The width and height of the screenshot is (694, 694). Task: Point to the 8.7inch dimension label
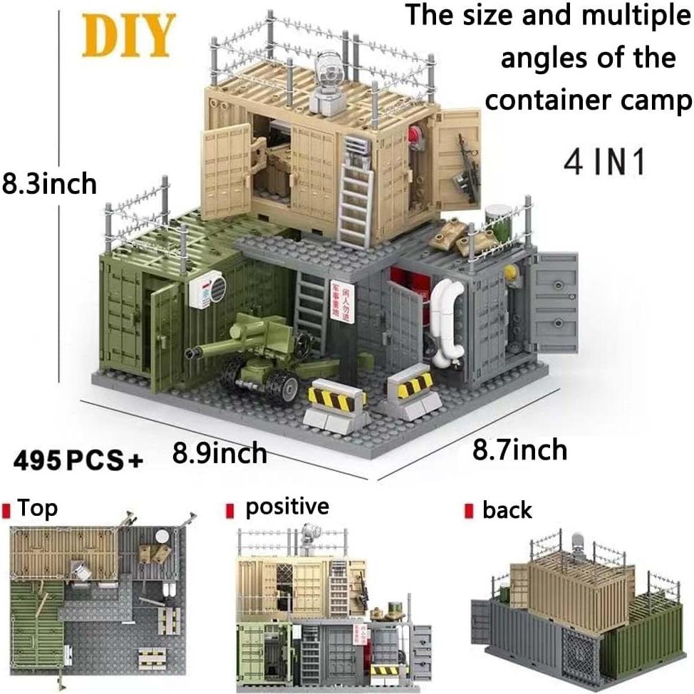520,450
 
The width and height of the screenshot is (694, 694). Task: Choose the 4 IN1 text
604,162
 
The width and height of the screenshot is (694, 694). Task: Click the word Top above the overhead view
37,509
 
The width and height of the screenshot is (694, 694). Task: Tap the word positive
287,507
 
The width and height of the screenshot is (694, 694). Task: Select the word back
507,510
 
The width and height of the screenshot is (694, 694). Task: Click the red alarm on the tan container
416,138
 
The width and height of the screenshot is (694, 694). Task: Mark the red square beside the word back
468,511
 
